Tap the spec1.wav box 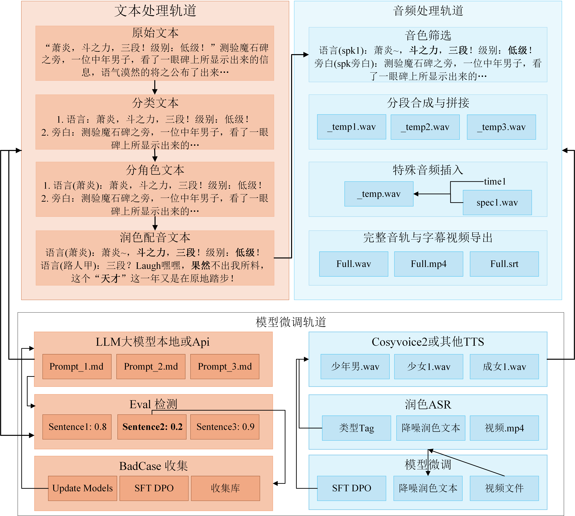pos(497,202)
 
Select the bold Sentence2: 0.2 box pos(152,427)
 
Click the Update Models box pos(82,488)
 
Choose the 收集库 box pos(225,488)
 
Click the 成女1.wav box pos(504,367)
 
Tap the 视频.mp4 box pos(504,428)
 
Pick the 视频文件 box pos(504,488)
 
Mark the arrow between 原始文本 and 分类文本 pos(155,87)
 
